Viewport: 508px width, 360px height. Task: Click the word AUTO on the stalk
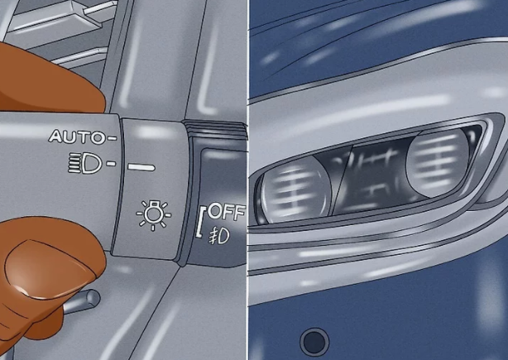click(x=76, y=137)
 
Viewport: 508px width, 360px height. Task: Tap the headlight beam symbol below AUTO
click(x=85, y=163)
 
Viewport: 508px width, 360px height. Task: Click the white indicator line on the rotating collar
click(x=141, y=167)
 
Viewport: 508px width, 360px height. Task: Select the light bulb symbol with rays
click(x=154, y=215)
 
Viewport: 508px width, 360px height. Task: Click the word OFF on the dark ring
click(x=226, y=212)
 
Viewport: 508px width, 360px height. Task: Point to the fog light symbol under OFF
click(x=219, y=236)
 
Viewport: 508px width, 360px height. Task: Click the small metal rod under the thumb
click(x=83, y=302)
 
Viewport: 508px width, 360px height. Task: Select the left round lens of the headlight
click(x=296, y=189)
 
